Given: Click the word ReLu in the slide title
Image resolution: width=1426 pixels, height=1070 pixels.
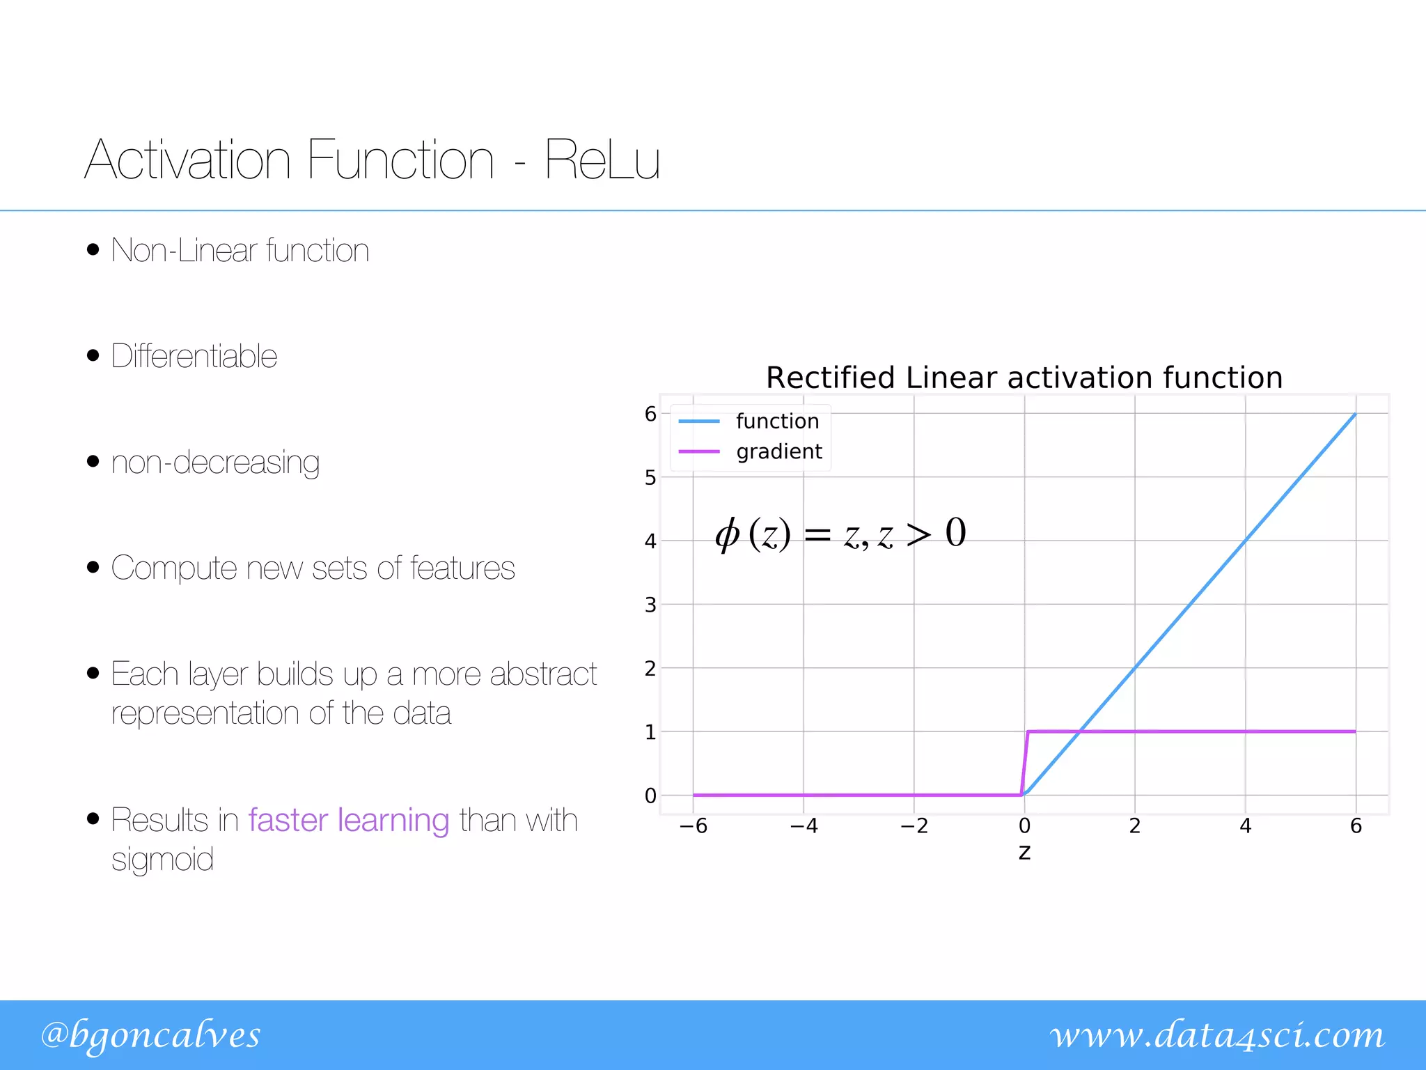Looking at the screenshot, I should (602, 160).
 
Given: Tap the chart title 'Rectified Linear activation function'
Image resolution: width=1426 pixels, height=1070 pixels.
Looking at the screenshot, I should (1024, 378).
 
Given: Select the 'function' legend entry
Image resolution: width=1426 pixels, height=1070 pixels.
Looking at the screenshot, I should (777, 421).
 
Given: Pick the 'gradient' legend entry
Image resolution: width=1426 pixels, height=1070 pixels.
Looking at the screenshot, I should (778, 451).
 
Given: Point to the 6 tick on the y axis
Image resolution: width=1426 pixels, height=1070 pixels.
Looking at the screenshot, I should (650, 414).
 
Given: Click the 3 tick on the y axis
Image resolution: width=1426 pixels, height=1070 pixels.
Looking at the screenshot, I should (650, 605).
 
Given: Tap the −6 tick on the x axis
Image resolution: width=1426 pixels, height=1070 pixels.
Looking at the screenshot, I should (693, 826).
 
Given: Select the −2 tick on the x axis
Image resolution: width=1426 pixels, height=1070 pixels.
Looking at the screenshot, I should (914, 826).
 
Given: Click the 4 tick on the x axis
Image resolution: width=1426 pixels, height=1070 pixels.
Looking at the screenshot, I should (1245, 826).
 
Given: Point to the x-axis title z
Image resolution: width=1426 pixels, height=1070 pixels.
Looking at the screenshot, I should (1024, 853).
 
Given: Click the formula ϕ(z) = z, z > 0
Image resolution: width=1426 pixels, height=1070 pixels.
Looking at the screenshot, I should (840, 534).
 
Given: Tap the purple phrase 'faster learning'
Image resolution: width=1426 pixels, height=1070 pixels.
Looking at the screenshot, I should (349, 820).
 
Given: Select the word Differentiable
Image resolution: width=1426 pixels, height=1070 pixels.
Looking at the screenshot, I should (194, 356).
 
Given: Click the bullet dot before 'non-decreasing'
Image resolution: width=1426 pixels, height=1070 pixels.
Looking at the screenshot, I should (93, 461).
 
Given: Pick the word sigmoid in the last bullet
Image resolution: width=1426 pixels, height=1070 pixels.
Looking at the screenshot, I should (162, 860).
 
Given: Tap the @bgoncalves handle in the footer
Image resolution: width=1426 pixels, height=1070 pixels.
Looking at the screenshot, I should (150, 1035).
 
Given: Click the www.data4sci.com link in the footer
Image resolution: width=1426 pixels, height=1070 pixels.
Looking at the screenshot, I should (1217, 1035).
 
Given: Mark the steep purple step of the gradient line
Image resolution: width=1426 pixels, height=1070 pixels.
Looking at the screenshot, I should (1025, 763).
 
